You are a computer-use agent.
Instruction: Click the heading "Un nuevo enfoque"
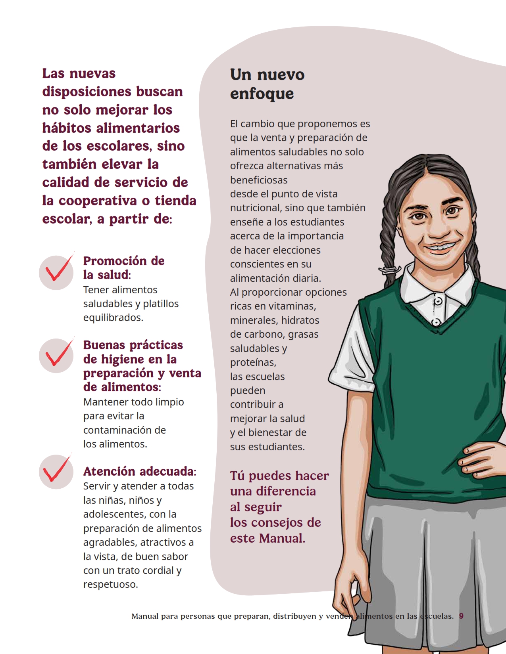pos(267,84)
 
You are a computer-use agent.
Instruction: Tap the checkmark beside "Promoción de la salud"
pos(57,272)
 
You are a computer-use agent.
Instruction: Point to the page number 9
pos(461,616)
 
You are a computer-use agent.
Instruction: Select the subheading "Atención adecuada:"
pos(140,471)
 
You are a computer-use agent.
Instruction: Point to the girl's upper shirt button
pos(438,302)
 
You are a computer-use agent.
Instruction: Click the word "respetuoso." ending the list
pos(111,585)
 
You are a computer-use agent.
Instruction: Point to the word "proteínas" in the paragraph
pos(253,363)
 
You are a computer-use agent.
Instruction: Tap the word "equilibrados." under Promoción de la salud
pos(113,318)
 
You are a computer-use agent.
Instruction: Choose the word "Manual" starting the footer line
pos(145,616)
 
